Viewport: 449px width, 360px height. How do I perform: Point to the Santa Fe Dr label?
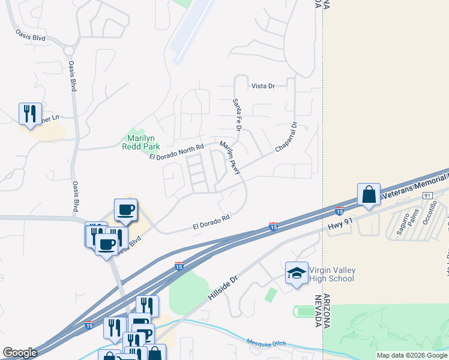click(237, 115)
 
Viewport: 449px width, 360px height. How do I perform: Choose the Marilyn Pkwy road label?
click(230, 158)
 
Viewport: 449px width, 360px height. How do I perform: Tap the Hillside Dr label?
click(223, 287)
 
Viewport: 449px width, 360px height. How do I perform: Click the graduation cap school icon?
click(296, 273)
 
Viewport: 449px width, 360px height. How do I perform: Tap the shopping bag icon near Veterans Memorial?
click(369, 194)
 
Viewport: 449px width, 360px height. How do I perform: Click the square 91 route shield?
click(427, 196)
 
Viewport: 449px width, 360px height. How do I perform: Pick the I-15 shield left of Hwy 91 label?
click(339, 211)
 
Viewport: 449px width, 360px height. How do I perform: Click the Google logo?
click(20, 353)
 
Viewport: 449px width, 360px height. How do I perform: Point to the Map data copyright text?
click(412, 355)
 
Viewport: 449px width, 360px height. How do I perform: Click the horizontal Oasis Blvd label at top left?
click(31, 37)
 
